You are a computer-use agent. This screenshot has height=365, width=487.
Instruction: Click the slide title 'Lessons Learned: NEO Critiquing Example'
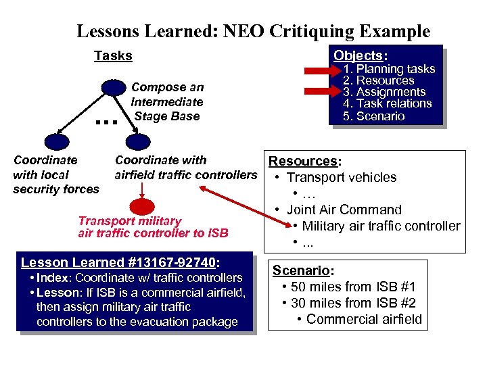[253, 31]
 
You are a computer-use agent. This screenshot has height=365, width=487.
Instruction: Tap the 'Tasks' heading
[113, 56]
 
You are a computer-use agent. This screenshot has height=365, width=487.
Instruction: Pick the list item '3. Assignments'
[384, 92]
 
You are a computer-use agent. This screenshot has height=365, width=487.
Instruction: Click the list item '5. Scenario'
[373, 116]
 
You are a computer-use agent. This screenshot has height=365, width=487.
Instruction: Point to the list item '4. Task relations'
[387, 103]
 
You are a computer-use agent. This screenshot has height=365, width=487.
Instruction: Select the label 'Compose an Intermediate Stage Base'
[167, 101]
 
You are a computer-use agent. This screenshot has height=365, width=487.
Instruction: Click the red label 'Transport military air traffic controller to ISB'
[153, 227]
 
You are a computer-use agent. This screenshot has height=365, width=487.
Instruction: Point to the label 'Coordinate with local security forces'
[55, 174]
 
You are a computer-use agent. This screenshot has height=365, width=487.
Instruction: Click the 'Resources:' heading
[305, 161]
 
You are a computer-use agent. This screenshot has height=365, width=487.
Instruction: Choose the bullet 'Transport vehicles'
[342, 177]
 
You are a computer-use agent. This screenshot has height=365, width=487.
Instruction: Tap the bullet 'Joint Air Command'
[344, 210]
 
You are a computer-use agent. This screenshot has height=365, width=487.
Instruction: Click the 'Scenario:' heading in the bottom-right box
[302, 270]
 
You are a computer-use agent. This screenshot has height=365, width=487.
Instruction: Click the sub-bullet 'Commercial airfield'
[364, 319]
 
